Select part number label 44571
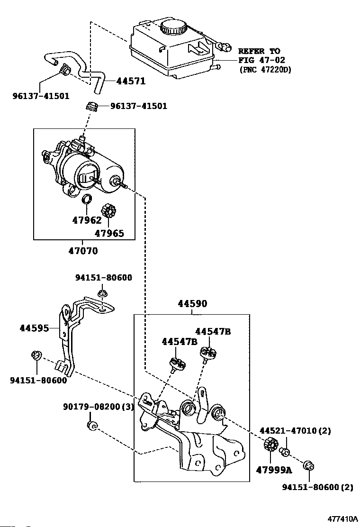[x=131, y=81]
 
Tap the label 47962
[x=87, y=220]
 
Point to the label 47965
[x=109, y=233]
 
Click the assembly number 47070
[x=83, y=251]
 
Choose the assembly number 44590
[x=192, y=303]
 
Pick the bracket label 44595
[x=34, y=327]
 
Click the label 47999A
[x=274, y=470]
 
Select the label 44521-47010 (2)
[x=295, y=430]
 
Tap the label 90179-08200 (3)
[x=99, y=407]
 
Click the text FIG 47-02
[x=261, y=60]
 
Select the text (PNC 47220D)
[x=265, y=70]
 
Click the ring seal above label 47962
[x=87, y=199]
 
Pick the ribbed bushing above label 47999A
[x=270, y=445]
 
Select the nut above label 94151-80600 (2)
[x=309, y=466]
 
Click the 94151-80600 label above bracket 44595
[x=103, y=278]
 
